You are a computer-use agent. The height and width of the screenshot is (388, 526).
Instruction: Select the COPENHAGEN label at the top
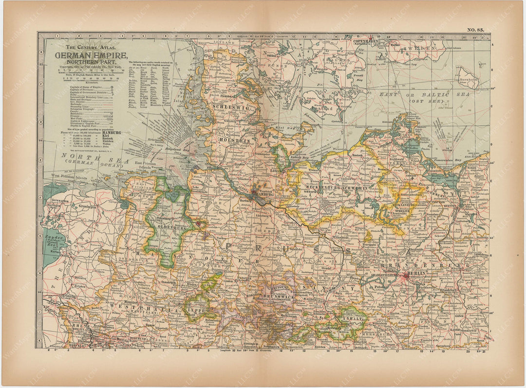click(x=367, y=42)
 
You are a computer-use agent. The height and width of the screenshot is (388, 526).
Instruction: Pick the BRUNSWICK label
click(x=277, y=295)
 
